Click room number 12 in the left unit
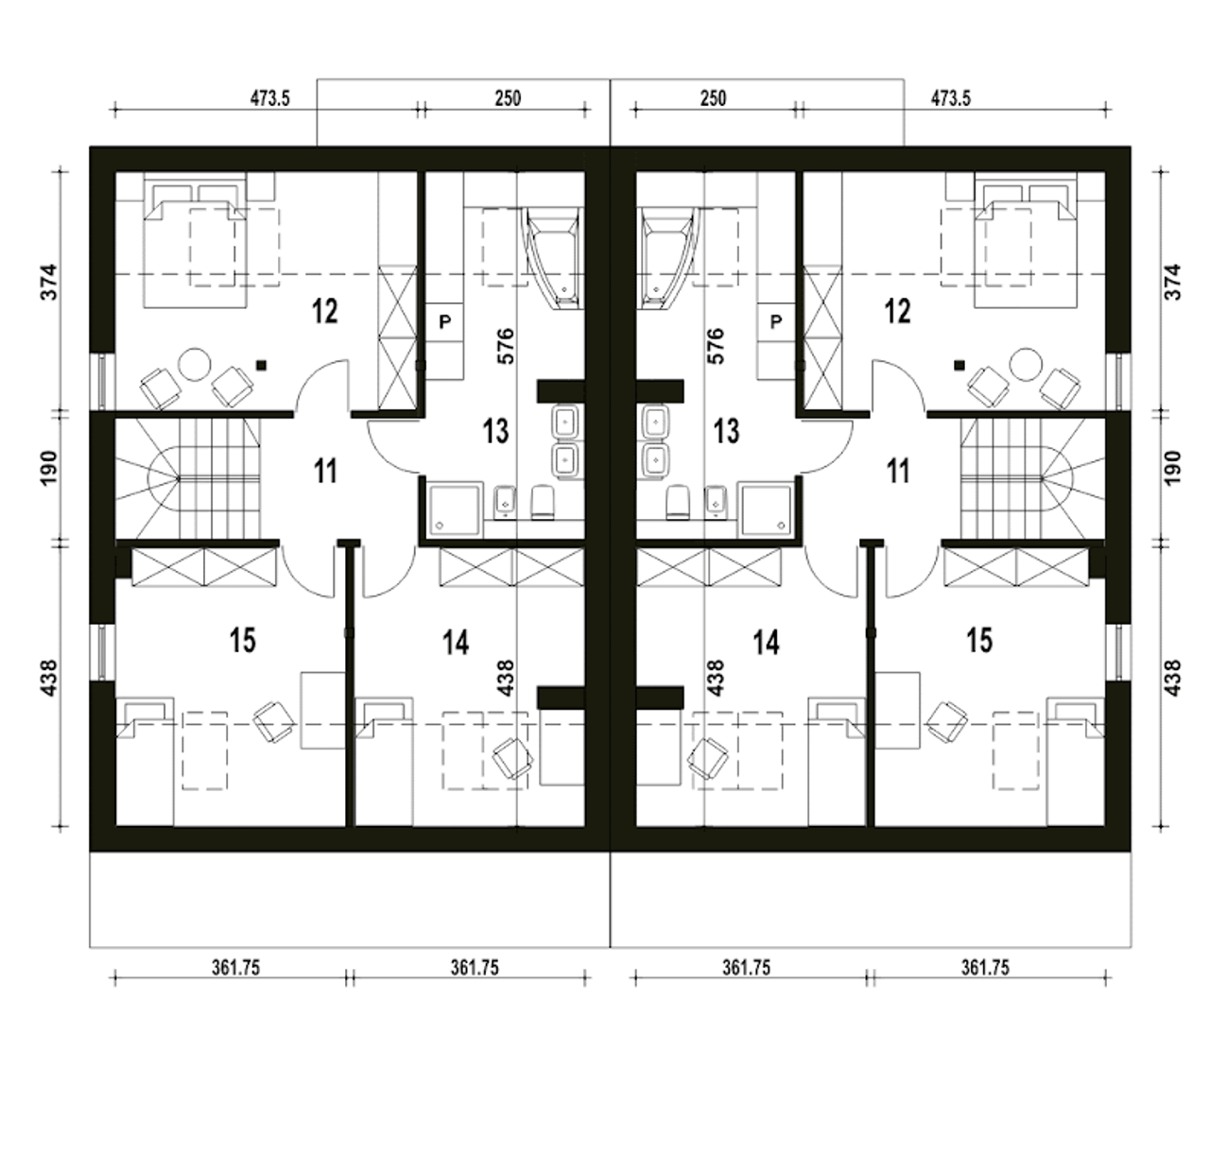[324, 311]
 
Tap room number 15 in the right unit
[979, 641]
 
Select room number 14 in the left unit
[456, 643]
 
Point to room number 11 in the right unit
[898, 472]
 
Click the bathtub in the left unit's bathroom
[554, 258]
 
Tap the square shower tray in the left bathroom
[455, 508]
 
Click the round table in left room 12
[195, 365]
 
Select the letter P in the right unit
[776, 322]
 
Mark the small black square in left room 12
[262, 366]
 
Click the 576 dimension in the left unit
[506, 346]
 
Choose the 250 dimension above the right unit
[713, 98]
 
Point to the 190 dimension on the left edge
[49, 468]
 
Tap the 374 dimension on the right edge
[1171, 282]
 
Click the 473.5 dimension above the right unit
[950, 98]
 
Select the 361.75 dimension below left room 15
[235, 968]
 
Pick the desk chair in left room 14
[512, 758]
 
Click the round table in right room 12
[1026, 365]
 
